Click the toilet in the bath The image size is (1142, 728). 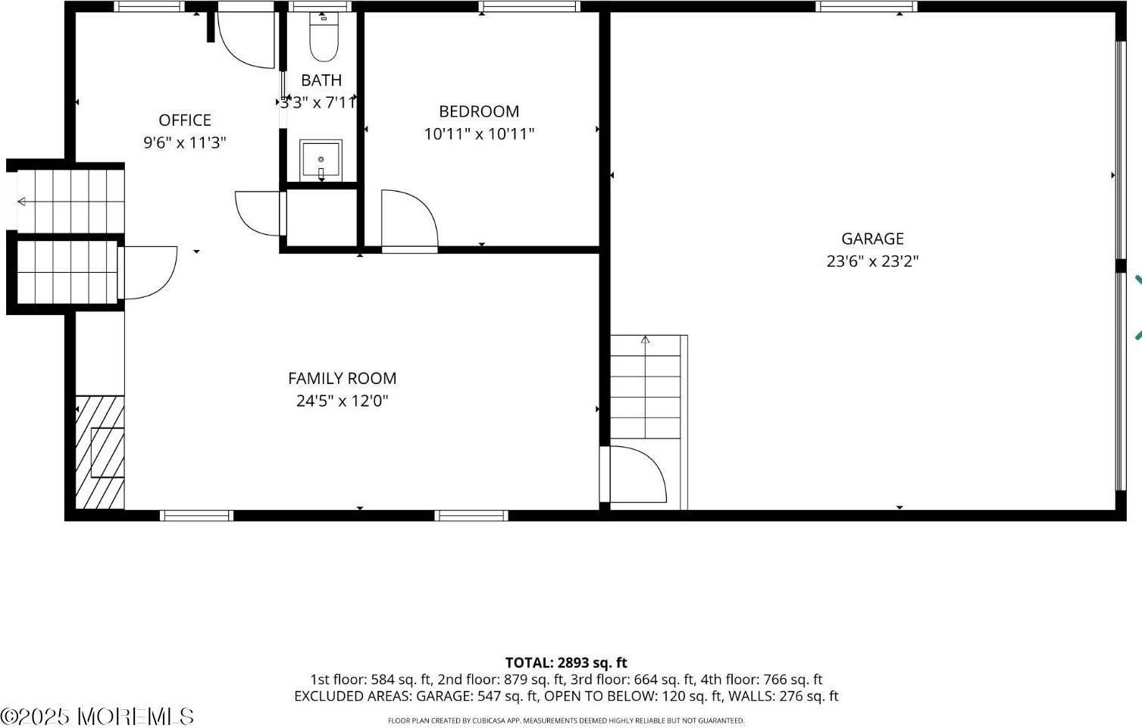[324, 38]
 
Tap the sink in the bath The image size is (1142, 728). [321, 160]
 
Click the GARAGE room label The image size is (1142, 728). [872, 239]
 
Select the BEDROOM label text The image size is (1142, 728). [479, 111]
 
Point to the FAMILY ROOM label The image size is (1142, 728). [342, 378]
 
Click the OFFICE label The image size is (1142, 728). [185, 120]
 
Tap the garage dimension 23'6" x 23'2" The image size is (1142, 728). [872, 261]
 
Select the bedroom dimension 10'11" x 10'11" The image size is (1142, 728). [479, 134]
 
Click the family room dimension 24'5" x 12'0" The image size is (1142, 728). [342, 401]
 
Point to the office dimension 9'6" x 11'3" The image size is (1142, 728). [185, 142]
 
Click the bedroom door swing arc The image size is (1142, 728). [409, 220]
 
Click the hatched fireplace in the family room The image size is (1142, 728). [100, 452]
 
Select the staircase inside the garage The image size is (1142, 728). [646, 386]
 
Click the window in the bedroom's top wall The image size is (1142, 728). [530, 7]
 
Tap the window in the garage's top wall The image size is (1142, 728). [866, 7]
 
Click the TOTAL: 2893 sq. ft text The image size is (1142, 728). [566, 663]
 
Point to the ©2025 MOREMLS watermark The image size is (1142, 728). [97, 716]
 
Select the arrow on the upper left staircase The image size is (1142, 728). [22, 202]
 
